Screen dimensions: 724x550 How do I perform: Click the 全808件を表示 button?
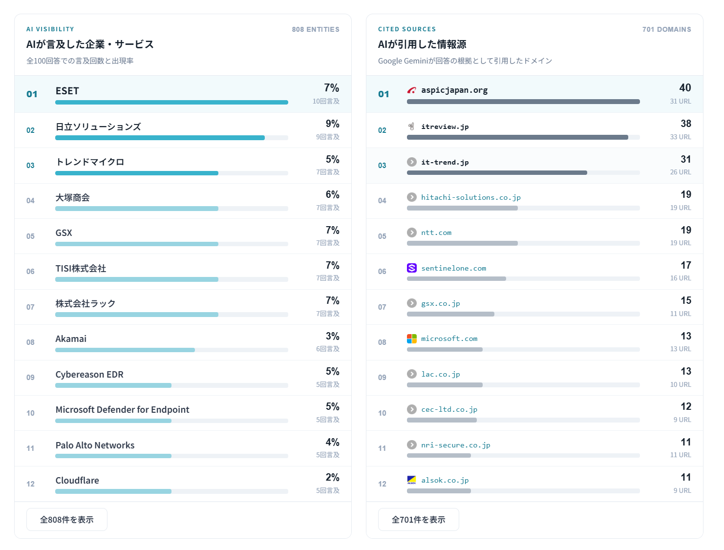(66, 519)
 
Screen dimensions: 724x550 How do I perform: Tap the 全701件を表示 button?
(418, 519)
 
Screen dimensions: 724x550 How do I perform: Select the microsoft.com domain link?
(449, 338)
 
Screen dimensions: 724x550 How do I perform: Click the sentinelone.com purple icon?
(412, 268)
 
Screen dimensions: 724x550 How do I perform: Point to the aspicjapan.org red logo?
(412, 90)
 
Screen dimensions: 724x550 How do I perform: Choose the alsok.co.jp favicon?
(412, 480)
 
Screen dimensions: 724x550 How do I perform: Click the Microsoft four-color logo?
(412, 338)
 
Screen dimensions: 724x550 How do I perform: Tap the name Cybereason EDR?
(89, 374)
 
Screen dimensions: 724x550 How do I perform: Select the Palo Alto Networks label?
(95, 445)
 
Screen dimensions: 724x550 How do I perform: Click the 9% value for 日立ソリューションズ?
(333, 124)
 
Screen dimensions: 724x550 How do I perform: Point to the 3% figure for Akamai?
(333, 336)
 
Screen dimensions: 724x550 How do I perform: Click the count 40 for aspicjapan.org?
(685, 88)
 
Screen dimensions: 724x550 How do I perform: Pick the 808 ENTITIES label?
(316, 29)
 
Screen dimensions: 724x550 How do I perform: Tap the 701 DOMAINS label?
(667, 29)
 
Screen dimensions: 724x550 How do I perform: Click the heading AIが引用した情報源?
(422, 44)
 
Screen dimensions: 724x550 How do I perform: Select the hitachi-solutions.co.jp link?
(470, 197)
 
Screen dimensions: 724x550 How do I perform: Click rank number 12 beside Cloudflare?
(30, 484)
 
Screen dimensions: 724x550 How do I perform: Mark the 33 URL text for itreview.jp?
(681, 137)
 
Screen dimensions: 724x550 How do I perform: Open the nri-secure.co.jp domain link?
(455, 445)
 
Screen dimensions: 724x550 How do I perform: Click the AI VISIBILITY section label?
(50, 29)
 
